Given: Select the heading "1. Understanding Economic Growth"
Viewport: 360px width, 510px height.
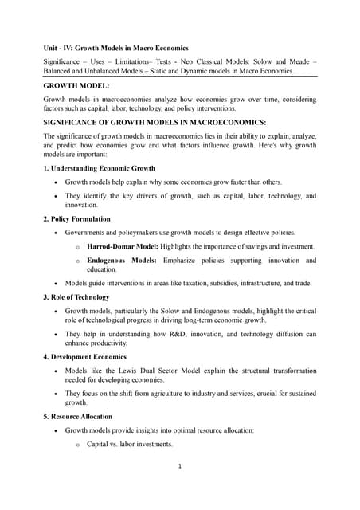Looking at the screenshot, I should (x=100, y=169).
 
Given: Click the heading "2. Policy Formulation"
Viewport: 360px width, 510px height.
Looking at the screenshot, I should (x=77, y=218).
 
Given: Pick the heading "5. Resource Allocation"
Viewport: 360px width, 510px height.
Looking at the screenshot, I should (x=77, y=417).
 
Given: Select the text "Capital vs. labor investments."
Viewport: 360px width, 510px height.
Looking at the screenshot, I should (x=130, y=444).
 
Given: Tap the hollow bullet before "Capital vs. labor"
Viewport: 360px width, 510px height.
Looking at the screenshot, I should (x=76, y=445).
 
